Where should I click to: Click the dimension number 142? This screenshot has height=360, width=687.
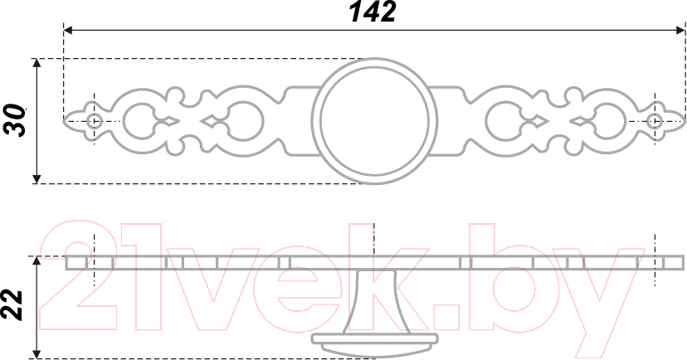click(x=373, y=12)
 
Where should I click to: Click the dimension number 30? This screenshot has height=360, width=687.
click(x=14, y=120)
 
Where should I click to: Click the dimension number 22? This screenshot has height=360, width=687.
click(x=12, y=305)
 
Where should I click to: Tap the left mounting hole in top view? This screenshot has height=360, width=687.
click(x=94, y=121)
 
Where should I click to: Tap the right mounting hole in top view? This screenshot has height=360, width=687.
click(x=654, y=121)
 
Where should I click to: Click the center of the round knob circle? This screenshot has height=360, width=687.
click(x=374, y=121)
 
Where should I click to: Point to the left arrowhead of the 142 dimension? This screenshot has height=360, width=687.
click(x=68, y=30)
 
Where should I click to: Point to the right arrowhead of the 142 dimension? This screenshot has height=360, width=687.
click(x=680, y=30)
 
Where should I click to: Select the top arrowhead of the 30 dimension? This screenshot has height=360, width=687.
click(x=37, y=63)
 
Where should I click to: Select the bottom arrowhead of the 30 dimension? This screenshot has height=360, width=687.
click(x=37, y=178)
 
